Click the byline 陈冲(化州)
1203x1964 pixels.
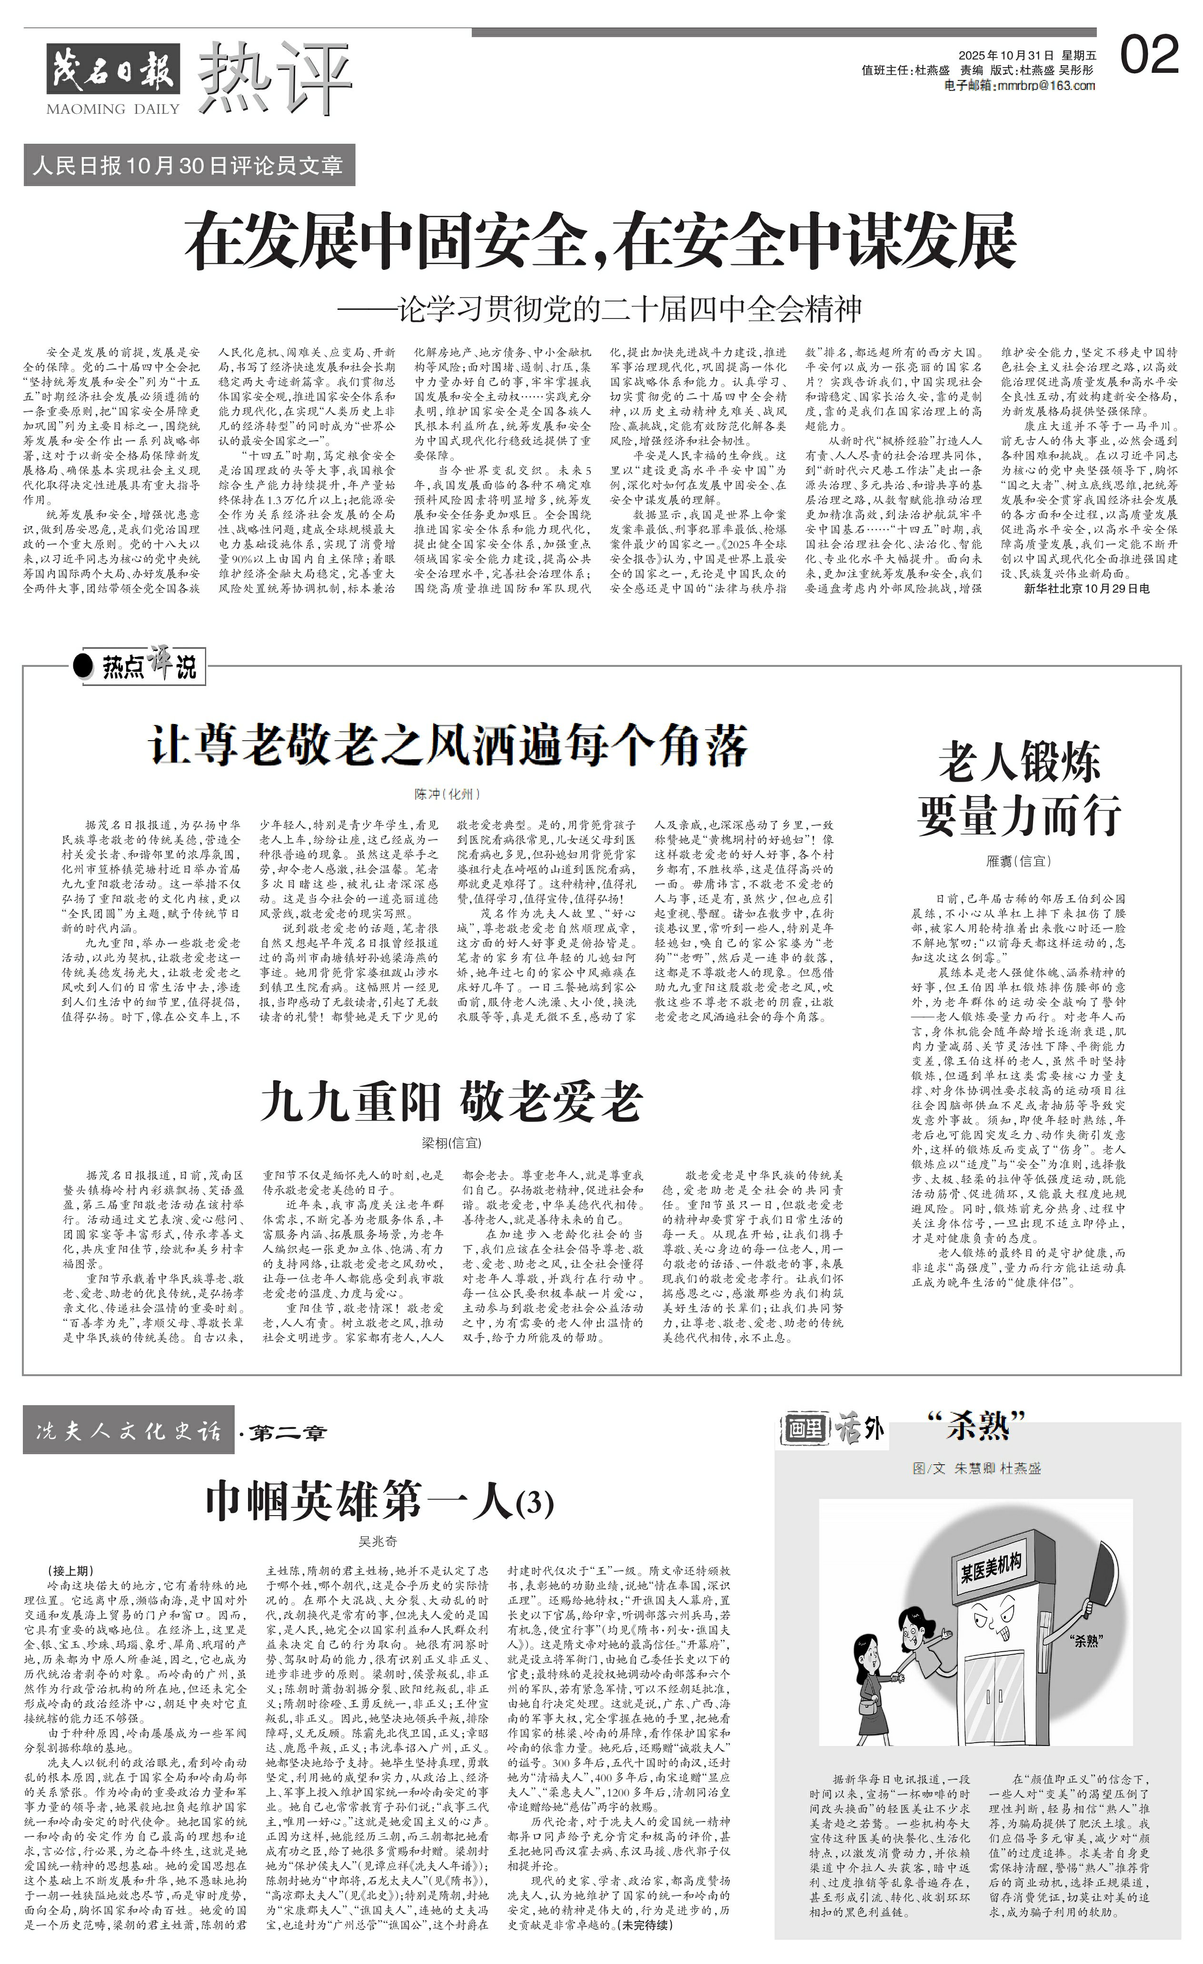[x=447, y=794]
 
